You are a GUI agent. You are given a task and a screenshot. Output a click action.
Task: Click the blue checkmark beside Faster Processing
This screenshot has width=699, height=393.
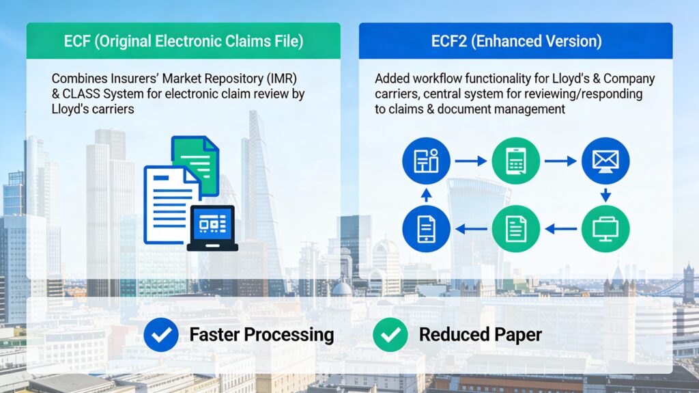pos(161,335)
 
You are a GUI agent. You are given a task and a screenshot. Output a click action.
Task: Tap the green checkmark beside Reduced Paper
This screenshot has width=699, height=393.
pos(390,335)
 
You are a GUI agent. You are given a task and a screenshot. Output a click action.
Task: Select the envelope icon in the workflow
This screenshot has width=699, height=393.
pos(605,161)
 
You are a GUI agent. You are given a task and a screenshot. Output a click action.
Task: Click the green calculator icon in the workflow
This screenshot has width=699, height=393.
pos(515,161)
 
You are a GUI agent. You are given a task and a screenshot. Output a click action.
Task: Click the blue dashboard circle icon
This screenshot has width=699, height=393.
pos(426,161)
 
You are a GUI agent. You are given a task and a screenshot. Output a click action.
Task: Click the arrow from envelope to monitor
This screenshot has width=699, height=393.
pos(605,195)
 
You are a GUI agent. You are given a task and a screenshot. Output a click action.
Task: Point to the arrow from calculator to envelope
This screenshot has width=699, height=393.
pos(560,161)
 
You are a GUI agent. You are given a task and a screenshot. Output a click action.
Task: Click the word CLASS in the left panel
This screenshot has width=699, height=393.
pos(81,94)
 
